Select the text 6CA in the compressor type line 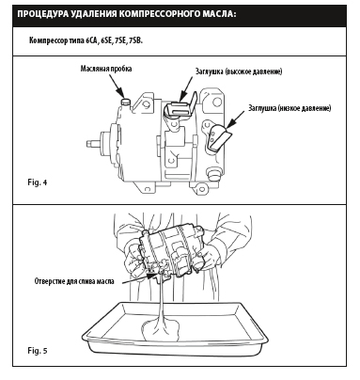click(x=91, y=41)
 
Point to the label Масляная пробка click(x=106, y=69)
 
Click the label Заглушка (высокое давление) click(x=239, y=71)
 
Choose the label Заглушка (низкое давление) click(x=290, y=108)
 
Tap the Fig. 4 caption click(x=38, y=182)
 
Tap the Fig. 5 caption click(x=38, y=350)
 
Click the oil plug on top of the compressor click(x=126, y=103)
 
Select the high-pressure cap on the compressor click(x=178, y=109)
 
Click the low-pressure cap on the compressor click(x=219, y=137)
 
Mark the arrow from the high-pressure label click(x=185, y=88)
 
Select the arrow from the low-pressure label click(x=235, y=119)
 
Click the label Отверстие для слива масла click(x=74, y=281)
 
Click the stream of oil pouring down click(x=162, y=301)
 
